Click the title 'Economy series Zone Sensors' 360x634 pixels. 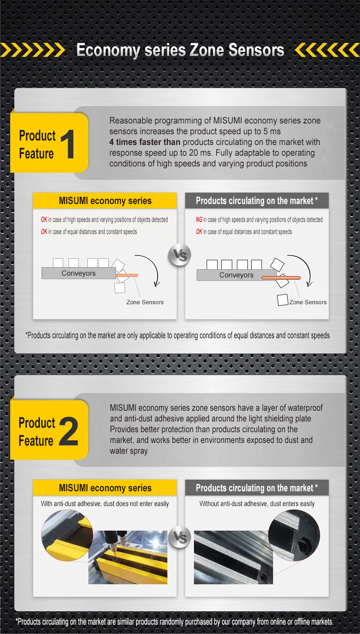180,50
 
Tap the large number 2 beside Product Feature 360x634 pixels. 69,432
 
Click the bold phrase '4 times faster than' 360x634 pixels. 145,142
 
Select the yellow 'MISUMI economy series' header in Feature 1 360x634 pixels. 105,201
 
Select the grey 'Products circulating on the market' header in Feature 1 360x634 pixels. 257,201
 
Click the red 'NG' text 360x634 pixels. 199,220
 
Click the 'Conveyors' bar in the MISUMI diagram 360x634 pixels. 78,273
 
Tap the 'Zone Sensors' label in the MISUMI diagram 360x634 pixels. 145,302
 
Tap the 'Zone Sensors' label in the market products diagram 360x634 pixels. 308,302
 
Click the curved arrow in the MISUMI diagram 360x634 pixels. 150,268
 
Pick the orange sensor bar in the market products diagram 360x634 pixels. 281,278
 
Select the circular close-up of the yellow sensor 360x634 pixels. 66,536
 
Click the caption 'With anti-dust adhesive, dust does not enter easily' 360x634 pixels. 105,504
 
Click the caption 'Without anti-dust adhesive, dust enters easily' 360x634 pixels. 257,504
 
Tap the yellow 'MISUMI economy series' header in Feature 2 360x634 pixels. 105,488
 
